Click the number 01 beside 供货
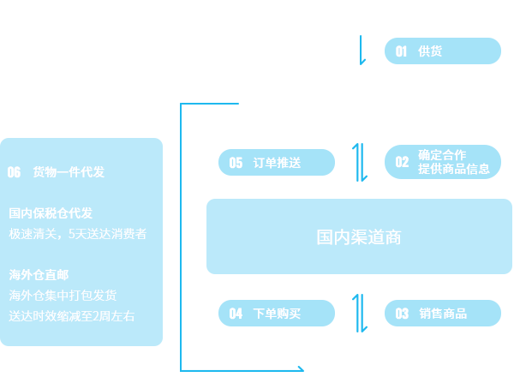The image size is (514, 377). (x=401, y=51)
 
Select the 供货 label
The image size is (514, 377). (x=430, y=51)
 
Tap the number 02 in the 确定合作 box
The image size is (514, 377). (x=402, y=162)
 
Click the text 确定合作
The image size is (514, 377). (x=442, y=155)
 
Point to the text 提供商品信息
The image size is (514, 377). (x=454, y=169)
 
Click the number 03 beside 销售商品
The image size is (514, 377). (x=402, y=314)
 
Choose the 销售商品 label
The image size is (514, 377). (x=444, y=314)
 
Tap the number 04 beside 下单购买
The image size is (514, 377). (x=236, y=314)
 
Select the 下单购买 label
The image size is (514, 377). (x=278, y=314)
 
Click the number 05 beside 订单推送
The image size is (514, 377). (x=236, y=163)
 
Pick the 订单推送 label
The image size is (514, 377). (x=278, y=163)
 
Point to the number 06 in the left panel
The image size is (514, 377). (x=14, y=172)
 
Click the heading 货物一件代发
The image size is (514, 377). (x=69, y=172)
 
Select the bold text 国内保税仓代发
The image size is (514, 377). (x=51, y=213)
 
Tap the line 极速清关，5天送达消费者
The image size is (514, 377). (x=78, y=233)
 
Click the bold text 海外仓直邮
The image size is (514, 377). (x=39, y=275)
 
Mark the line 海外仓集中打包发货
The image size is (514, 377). (x=63, y=296)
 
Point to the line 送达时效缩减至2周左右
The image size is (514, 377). (x=72, y=316)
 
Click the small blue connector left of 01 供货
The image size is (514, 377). (x=362, y=50)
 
